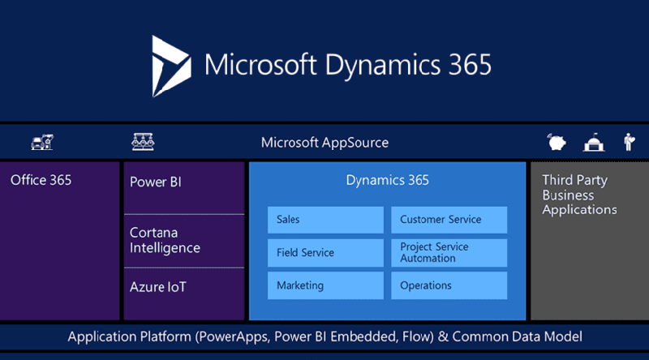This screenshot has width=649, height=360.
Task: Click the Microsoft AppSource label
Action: pos(324,143)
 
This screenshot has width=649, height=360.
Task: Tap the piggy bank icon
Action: pos(557,143)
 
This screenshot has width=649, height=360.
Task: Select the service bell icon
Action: pos(595,143)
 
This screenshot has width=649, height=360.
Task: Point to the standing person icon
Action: pos(629,143)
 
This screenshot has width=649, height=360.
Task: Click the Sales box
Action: pos(325,220)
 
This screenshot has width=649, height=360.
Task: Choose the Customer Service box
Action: pos(449,220)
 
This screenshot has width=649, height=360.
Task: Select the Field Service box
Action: pos(325,253)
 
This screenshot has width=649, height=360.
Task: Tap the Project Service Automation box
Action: pos(449,253)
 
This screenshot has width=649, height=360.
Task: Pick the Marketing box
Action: pos(325,285)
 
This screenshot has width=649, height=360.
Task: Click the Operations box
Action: pos(449,285)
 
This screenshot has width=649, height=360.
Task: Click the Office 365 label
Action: pos(41,180)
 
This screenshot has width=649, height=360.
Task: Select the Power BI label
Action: pos(156,181)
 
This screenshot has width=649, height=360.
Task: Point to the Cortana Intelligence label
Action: pos(165,240)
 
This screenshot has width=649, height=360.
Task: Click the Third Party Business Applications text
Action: pos(579,195)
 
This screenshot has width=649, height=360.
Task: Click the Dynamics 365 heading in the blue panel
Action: pos(387,180)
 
